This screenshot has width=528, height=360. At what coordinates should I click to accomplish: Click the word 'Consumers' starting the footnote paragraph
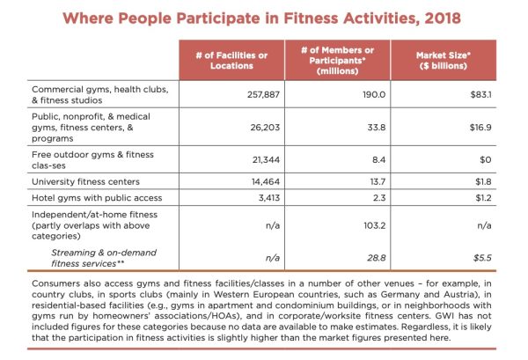tap(60, 282)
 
